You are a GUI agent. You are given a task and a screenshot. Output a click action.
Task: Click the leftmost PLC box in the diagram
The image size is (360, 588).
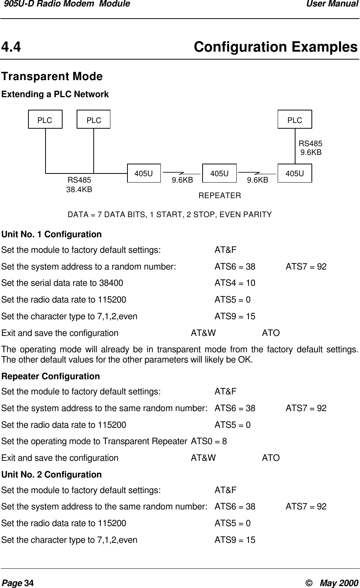(45, 120)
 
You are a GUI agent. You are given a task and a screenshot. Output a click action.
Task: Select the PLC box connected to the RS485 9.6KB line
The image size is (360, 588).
(295, 120)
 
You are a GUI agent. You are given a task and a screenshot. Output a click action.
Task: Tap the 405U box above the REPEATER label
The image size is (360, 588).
(219, 173)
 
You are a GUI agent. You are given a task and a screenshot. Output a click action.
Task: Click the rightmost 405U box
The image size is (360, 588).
(295, 173)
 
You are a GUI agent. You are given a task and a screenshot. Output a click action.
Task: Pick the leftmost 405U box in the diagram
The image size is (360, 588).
(144, 173)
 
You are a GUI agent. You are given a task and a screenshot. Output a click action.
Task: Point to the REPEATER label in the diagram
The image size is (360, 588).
(220, 196)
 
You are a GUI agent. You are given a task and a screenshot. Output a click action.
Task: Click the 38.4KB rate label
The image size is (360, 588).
(79, 189)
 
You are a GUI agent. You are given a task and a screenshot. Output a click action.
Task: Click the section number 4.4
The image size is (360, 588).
(11, 47)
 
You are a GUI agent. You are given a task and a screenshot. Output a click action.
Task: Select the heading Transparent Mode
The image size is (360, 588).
(52, 77)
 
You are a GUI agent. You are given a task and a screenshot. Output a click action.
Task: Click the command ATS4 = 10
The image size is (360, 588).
(235, 283)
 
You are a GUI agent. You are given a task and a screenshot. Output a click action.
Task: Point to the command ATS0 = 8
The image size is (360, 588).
(209, 441)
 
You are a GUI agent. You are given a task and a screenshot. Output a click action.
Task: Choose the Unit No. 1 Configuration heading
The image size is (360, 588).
(52, 234)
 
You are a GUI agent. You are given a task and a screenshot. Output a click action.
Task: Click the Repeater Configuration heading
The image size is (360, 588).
(51, 377)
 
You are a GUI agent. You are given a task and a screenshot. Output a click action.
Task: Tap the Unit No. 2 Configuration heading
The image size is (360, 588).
(52, 475)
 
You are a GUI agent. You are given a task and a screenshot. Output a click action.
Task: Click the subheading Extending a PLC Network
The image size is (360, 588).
(55, 94)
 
